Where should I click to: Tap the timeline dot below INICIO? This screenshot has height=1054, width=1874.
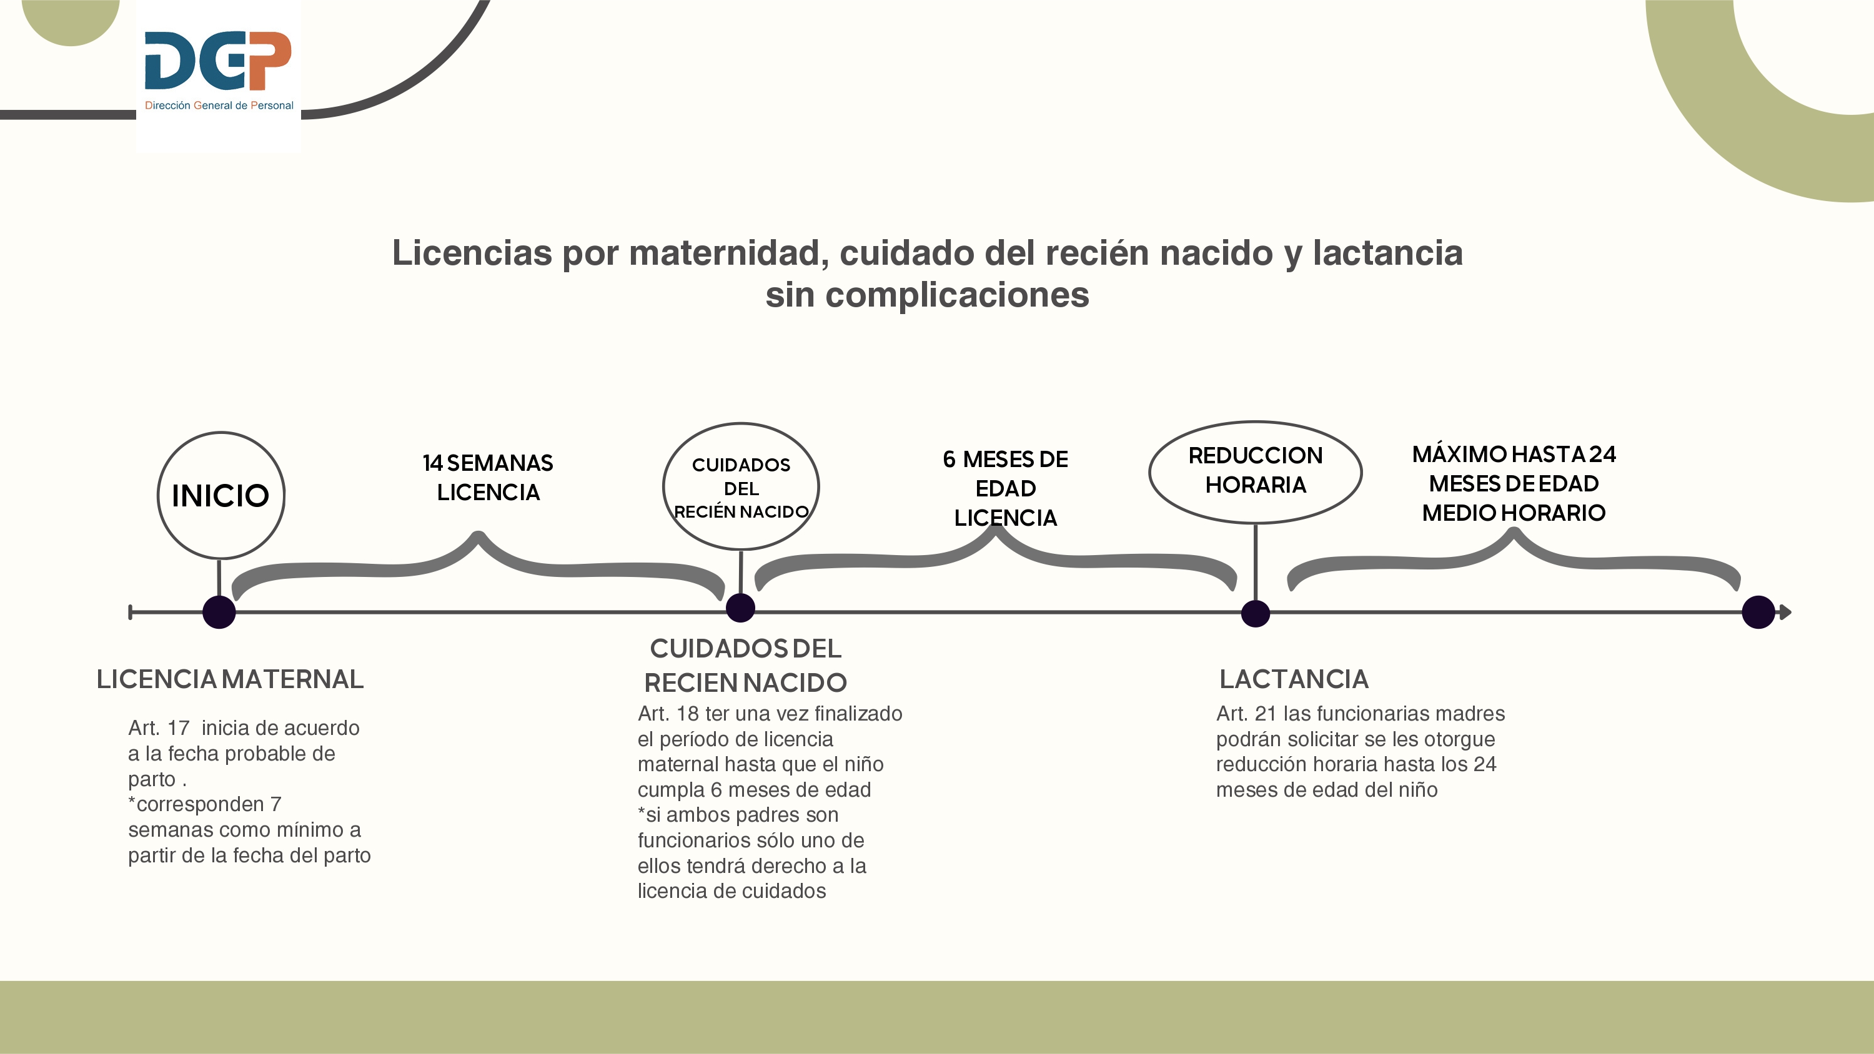pyautogui.click(x=219, y=613)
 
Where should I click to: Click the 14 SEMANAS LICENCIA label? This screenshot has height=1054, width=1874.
pyautogui.click(x=488, y=477)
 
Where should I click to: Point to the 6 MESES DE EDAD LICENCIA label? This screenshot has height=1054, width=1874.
pyautogui.click(x=1005, y=488)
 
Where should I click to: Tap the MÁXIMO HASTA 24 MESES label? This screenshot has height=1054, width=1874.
pyautogui.click(x=1514, y=483)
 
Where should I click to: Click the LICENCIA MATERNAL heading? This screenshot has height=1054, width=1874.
pyautogui.click(x=230, y=679)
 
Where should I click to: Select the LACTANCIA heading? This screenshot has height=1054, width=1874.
pyautogui.click(x=1294, y=679)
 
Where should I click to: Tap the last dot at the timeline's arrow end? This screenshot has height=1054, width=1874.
pyautogui.click(x=1758, y=613)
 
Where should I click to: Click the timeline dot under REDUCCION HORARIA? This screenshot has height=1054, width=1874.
pyautogui.click(x=1255, y=613)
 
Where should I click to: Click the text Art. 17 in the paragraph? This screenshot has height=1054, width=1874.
pyautogui.click(x=159, y=727)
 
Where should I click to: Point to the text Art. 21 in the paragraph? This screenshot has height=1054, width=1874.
pyautogui.click(x=1247, y=714)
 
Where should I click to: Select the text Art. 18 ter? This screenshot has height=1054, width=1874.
pyautogui.click(x=684, y=714)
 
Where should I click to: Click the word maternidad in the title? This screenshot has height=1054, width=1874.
pyautogui.click(x=729, y=253)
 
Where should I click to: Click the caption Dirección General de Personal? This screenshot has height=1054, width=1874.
pyautogui.click(x=219, y=106)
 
